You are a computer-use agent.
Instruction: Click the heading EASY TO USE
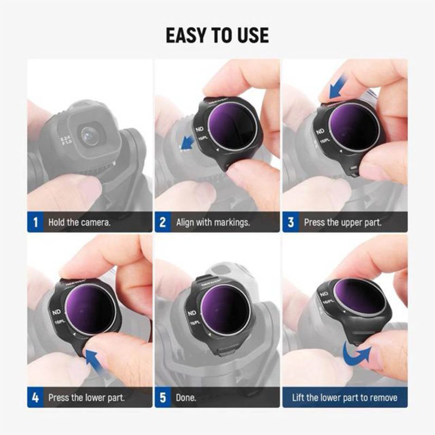point(217,35)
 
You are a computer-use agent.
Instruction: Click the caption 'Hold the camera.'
point(79,222)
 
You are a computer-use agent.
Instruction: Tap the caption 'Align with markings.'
point(212,222)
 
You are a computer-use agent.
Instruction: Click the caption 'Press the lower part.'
point(86,397)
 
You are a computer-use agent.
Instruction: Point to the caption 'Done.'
point(186,397)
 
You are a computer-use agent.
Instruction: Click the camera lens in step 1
point(90,135)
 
